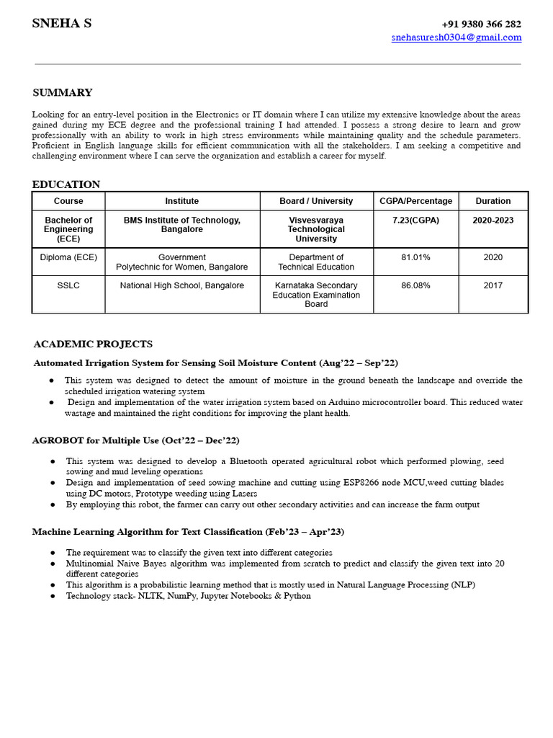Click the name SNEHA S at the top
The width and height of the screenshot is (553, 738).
pyautogui.click(x=61, y=24)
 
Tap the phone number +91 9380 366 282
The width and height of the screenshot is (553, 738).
pyautogui.click(x=481, y=24)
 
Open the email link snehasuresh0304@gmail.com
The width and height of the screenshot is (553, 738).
pyautogui.click(x=457, y=37)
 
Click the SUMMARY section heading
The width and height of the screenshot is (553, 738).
pyautogui.click(x=63, y=93)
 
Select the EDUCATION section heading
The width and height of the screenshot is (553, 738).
pyautogui.click(x=66, y=184)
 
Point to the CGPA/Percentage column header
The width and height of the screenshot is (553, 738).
pyautogui.click(x=415, y=201)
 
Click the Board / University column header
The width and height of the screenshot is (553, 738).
pyautogui.click(x=316, y=201)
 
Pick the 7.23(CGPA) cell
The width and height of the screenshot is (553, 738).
pyautogui.click(x=415, y=221)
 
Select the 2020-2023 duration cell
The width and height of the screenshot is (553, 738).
pyautogui.click(x=493, y=221)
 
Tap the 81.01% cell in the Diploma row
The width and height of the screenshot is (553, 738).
pyautogui.click(x=415, y=257)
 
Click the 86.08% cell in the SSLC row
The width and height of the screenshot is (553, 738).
pyautogui.click(x=415, y=285)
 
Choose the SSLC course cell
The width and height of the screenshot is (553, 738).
pyautogui.click(x=68, y=285)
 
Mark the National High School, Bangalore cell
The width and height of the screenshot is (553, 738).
pyautogui.click(x=182, y=285)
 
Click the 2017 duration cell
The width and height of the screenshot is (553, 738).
pyautogui.click(x=493, y=285)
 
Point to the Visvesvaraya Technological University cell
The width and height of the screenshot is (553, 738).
pyautogui.click(x=316, y=229)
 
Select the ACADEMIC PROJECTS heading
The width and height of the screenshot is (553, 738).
pyautogui.click(x=93, y=344)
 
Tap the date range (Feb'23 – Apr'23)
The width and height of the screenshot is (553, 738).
pyautogui.click(x=305, y=532)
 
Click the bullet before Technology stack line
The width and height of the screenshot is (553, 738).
pyautogui.click(x=53, y=597)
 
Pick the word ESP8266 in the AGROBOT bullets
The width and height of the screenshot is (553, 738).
pyautogui.click(x=338, y=483)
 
